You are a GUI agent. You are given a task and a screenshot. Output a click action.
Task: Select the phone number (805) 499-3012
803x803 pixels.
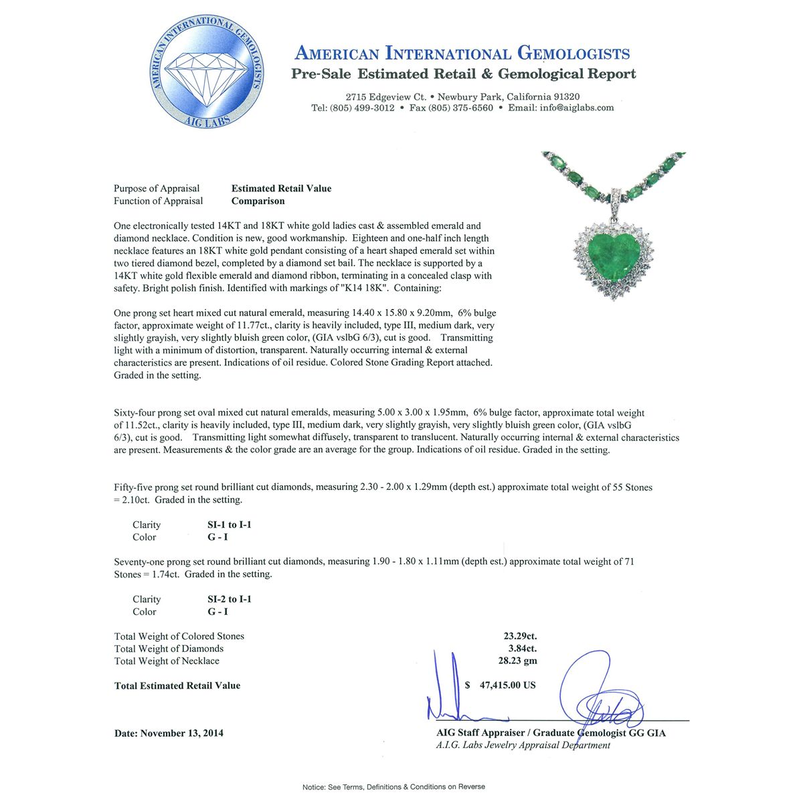click(361, 108)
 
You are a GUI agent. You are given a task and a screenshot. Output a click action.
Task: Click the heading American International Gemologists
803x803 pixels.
click(462, 54)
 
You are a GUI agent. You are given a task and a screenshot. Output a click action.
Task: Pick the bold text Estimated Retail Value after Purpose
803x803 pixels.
click(281, 189)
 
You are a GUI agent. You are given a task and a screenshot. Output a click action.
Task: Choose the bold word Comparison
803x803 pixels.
click(258, 201)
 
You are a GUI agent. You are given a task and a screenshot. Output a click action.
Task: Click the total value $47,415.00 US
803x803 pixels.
click(502, 685)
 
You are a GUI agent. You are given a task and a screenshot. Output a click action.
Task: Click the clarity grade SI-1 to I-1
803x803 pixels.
click(230, 525)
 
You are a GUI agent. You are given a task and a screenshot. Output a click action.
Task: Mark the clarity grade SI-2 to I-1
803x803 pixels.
click(230, 600)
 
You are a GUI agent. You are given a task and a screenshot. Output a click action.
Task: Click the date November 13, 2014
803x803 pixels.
click(181, 733)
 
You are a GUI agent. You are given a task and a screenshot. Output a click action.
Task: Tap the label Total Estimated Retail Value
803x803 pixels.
click(177, 686)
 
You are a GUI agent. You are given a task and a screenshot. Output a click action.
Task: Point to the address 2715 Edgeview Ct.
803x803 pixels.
click(386, 96)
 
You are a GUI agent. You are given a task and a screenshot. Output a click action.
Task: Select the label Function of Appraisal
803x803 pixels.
click(158, 201)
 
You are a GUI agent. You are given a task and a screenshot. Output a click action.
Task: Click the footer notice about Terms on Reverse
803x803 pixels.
click(393, 787)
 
